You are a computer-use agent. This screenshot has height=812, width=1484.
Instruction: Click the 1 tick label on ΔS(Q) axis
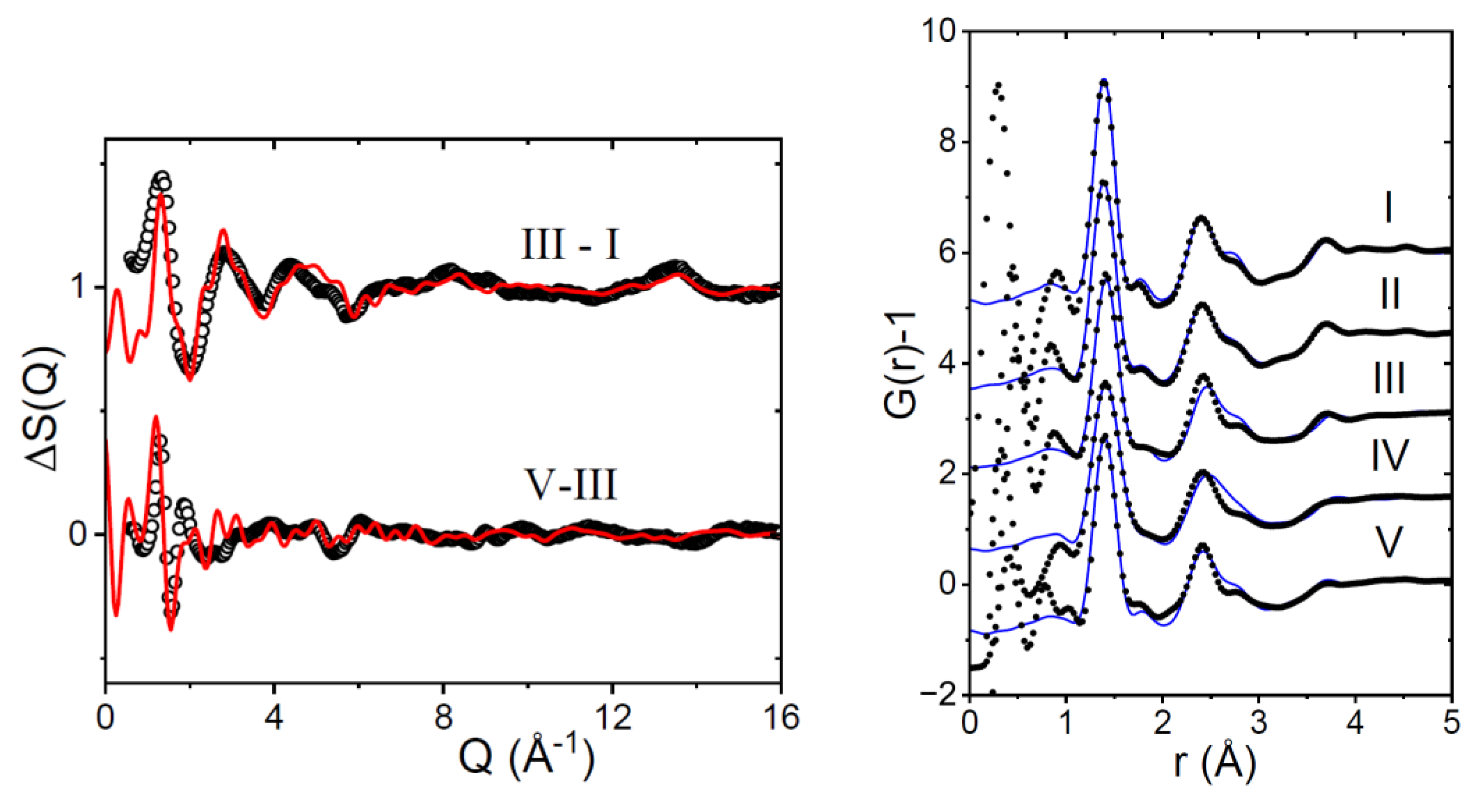point(81,288)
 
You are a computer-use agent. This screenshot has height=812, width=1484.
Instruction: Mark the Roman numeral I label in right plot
point(1389,209)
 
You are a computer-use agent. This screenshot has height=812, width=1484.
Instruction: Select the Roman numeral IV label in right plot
point(1389,455)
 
